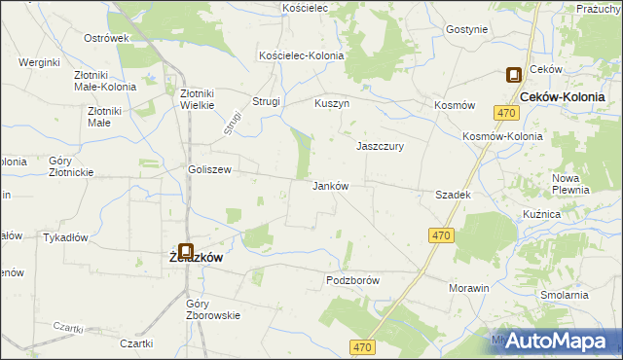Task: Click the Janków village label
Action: (330, 186)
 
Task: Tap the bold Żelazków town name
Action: (191, 258)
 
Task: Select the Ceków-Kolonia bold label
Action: (564, 98)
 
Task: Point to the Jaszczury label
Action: (380, 146)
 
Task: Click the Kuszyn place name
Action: (332, 102)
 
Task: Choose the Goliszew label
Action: (209, 169)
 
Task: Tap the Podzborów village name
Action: (351, 280)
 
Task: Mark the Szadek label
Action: (454, 195)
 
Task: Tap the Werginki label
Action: (40, 62)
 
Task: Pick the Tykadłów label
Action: (66, 237)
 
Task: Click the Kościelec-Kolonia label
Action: (301, 56)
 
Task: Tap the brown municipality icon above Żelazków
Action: (185, 250)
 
